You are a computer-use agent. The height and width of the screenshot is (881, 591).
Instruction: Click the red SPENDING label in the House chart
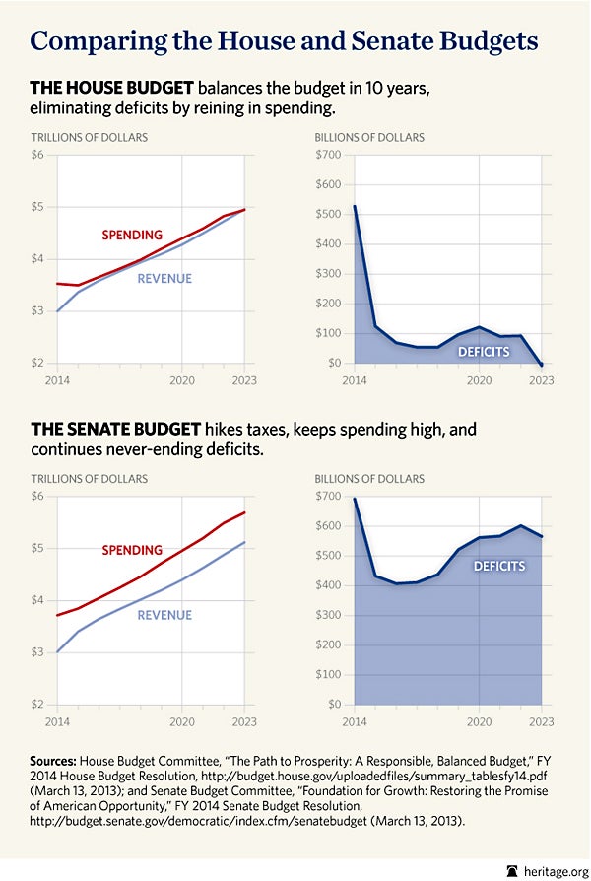132,236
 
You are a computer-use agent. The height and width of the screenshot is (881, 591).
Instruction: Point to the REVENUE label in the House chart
164,278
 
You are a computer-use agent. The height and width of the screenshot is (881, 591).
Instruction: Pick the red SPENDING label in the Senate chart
132,550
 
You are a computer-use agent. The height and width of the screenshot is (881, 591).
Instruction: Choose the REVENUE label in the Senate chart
164,615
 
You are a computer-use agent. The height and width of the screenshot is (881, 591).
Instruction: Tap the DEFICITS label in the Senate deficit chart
499,567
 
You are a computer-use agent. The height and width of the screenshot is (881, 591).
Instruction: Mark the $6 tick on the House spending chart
38,155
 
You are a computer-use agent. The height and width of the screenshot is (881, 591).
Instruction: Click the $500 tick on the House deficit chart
328,214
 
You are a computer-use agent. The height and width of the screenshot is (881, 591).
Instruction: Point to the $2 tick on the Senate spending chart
38,705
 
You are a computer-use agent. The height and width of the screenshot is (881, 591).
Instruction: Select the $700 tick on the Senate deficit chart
328,496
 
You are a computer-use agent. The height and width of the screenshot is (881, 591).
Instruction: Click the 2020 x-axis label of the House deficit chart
479,379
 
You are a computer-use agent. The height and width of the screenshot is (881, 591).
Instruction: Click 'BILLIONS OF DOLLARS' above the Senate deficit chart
369,479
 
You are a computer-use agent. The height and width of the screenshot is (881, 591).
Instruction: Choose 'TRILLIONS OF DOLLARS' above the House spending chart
90,138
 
